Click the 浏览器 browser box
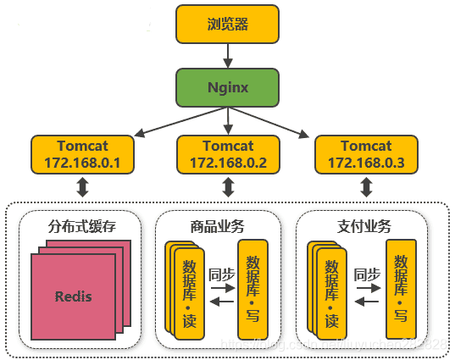point(227,24)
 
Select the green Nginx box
point(227,88)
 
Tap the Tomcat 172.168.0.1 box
point(82,154)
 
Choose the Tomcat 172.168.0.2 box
point(227,154)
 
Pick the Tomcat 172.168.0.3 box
point(366,154)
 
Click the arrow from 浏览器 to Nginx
point(227,55)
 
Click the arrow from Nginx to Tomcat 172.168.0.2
point(227,120)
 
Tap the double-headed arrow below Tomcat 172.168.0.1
point(82,187)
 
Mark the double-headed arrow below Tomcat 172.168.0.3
point(366,187)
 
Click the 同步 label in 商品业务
point(221,274)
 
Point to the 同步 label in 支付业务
point(366,274)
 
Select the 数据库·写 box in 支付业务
point(401,288)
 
